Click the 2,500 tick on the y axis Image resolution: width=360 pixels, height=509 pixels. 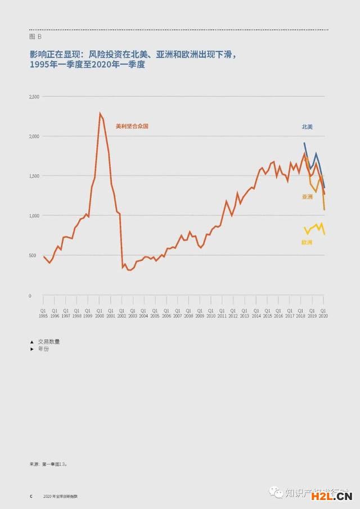(x=34, y=97)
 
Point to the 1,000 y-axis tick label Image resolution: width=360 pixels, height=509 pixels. (x=34, y=215)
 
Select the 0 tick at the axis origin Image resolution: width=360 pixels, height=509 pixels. (x=31, y=295)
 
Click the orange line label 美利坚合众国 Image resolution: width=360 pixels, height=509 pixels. (x=132, y=127)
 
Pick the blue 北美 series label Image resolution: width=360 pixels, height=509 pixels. (x=307, y=127)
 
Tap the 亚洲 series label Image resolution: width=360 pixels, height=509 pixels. (x=307, y=197)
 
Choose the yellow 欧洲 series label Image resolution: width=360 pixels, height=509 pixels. (x=307, y=242)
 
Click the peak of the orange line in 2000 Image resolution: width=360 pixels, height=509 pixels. (x=100, y=114)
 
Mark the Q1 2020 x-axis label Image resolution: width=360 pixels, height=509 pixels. (x=323, y=313)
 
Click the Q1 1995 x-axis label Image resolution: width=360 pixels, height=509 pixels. (x=43, y=313)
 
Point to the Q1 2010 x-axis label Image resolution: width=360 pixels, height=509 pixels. (x=211, y=313)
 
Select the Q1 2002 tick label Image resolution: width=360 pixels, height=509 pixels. (x=121, y=313)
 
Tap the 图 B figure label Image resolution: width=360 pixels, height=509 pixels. (x=35, y=36)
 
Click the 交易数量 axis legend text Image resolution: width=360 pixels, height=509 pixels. (x=49, y=341)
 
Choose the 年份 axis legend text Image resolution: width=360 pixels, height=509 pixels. (x=43, y=349)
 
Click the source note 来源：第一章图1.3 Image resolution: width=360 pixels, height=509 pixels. (x=48, y=465)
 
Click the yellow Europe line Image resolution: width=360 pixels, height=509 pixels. (x=314, y=228)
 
